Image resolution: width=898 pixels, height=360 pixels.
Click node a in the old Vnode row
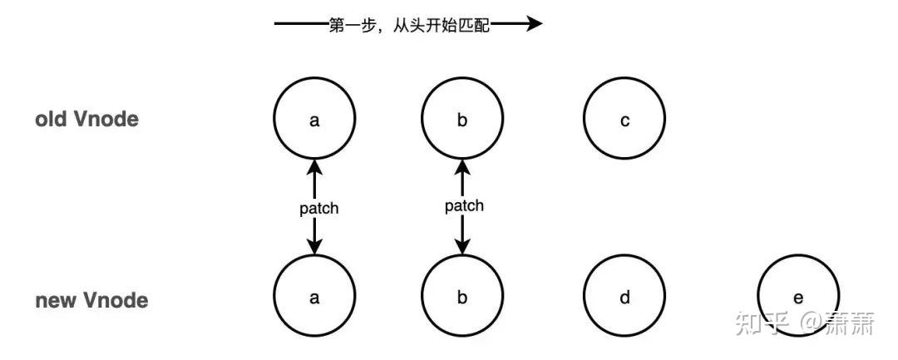(313, 121)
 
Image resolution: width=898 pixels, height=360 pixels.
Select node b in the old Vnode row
(462, 121)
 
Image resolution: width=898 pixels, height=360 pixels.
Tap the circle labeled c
(624, 121)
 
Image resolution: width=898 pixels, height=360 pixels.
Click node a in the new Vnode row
(313, 297)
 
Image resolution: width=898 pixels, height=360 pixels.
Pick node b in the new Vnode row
(462, 297)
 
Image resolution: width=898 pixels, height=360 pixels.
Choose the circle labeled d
(624, 297)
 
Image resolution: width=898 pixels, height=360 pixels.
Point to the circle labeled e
(798, 297)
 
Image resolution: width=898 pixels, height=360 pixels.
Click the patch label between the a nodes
(319, 209)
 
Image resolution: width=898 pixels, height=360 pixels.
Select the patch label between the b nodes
(464, 205)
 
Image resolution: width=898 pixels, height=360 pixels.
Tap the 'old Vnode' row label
(86, 120)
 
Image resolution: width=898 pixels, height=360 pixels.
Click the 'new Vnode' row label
(91, 300)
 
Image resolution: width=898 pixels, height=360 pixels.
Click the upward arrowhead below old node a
(314, 167)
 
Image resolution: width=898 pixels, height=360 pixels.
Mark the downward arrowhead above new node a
(314, 247)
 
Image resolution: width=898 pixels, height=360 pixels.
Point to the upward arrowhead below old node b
(463, 167)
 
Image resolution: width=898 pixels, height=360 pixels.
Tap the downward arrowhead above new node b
(463, 247)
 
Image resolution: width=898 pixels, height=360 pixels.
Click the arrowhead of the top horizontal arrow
(534, 25)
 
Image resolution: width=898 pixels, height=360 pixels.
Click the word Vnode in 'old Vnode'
(106, 120)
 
